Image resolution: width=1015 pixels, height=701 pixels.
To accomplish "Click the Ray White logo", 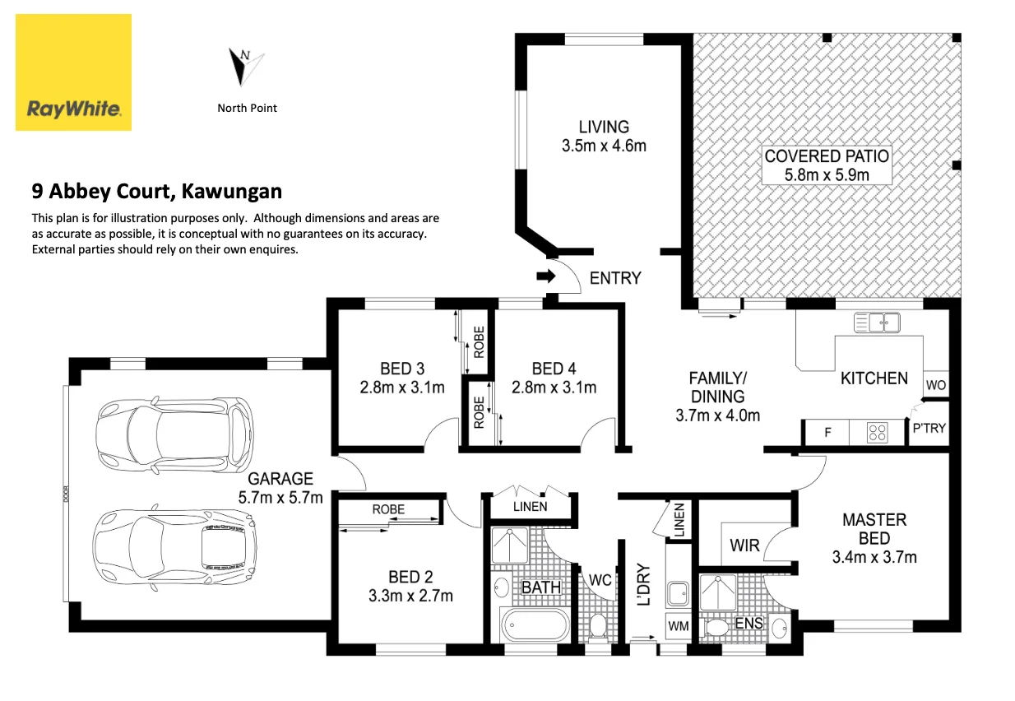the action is [x=73, y=72].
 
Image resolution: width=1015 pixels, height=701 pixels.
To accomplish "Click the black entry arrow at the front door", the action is [x=546, y=276].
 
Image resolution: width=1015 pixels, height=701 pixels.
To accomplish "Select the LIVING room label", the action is [x=604, y=127].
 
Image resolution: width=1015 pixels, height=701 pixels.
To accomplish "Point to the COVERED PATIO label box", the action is [x=827, y=165].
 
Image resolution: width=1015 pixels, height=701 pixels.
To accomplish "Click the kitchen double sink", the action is [x=877, y=323].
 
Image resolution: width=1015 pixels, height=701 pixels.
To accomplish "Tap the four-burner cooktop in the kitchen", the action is [x=878, y=432].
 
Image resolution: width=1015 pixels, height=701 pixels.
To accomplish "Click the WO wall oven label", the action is [x=936, y=385].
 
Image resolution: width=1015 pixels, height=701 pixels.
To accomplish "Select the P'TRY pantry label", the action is [x=929, y=428].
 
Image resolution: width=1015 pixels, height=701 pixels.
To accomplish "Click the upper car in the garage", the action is [x=174, y=434].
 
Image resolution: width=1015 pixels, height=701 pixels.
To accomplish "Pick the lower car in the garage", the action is [x=174, y=547].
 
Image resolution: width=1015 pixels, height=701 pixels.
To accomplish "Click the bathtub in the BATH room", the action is [x=535, y=624].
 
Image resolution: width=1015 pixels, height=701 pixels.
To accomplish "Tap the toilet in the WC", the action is [x=598, y=627].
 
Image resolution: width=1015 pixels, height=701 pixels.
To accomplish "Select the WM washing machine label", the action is [x=679, y=626].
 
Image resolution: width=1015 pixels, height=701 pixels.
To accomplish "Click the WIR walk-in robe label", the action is [x=744, y=545].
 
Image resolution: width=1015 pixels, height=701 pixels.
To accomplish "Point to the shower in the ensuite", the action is [x=718, y=592].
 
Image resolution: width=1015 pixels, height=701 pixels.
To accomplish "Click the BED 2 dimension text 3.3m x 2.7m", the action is [x=410, y=596].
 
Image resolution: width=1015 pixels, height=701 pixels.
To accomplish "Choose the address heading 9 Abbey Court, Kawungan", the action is [x=157, y=191].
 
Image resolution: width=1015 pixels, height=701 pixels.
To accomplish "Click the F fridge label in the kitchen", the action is [x=827, y=433].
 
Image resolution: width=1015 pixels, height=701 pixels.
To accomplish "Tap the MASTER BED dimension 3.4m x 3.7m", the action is [x=874, y=557].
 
